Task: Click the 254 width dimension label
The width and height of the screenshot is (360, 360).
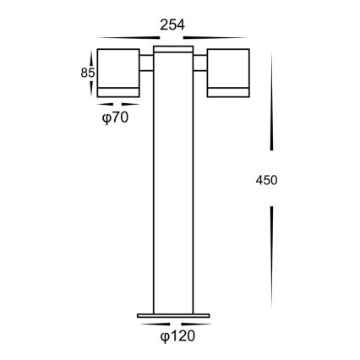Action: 172,25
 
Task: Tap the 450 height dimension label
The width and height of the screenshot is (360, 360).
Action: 266,179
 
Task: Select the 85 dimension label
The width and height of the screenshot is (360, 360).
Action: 85,74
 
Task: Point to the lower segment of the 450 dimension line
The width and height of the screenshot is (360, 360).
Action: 271,258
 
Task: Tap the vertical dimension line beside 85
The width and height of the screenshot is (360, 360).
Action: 94,74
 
